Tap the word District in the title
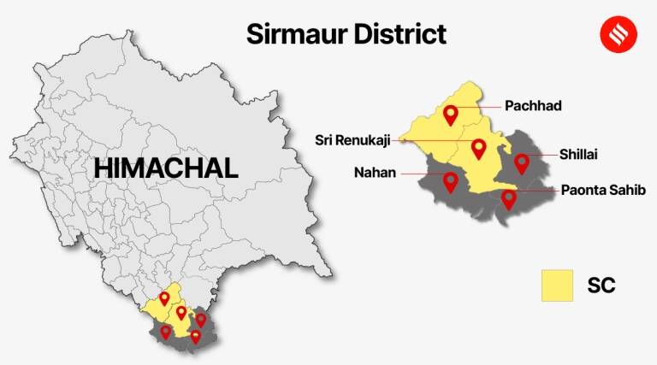pyautogui.click(x=396, y=34)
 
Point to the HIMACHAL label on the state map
pyautogui.click(x=166, y=168)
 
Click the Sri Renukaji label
pyautogui.click(x=351, y=139)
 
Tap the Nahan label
pyautogui.click(x=375, y=173)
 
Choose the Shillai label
pyautogui.click(x=578, y=154)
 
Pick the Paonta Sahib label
pyautogui.click(x=598, y=190)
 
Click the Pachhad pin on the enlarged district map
pyautogui.click(x=451, y=114)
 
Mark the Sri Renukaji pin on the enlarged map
pyautogui.click(x=478, y=149)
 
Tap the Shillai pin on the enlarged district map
pyautogui.click(x=521, y=162)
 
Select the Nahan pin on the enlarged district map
pyautogui.click(x=450, y=181)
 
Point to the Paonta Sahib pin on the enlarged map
pyautogui.click(x=509, y=199)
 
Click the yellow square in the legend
pyautogui.click(x=556, y=286)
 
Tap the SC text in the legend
pyautogui.click(x=601, y=286)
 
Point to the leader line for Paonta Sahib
pyautogui.click(x=535, y=191)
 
